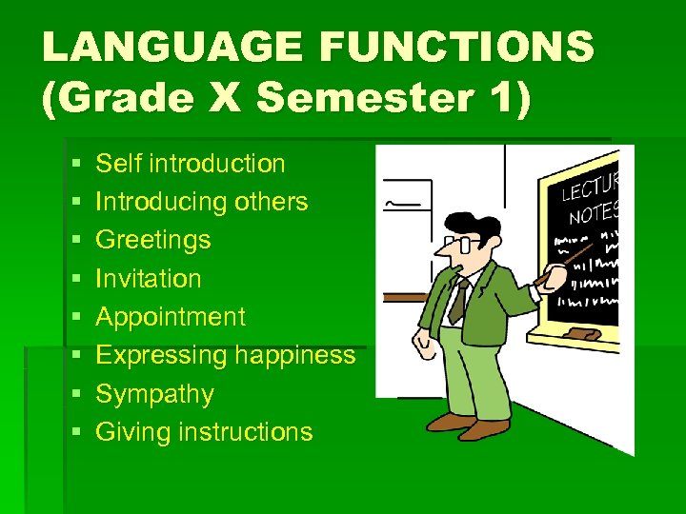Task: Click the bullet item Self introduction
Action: [191, 164]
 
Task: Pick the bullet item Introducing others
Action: [202, 202]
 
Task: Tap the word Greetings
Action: [153, 240]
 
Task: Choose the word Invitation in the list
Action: [149, 279]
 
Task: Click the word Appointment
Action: [171, 317]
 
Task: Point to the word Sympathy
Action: [154, 394]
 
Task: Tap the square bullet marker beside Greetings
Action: [76, 241]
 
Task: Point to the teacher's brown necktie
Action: [459, 299]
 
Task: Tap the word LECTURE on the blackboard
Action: [591, 186]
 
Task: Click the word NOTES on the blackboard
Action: [595, 211]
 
